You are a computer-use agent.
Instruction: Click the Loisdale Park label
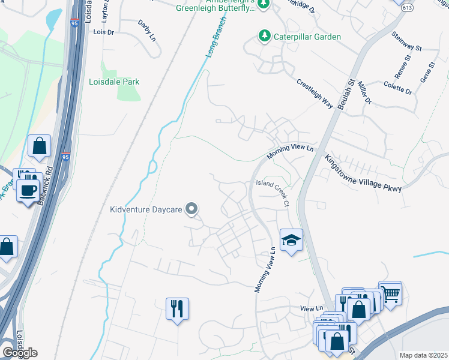point(114,82)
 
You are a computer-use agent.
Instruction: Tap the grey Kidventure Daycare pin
point(191,209)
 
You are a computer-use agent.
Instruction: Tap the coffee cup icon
point(28,190)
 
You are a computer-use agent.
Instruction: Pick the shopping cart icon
point(390,294)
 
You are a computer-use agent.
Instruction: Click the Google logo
point(20,353)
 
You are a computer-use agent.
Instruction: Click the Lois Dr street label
point(103,33)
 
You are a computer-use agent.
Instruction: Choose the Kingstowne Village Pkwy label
point(363,174)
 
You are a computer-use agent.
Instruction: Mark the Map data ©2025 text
point(423,355)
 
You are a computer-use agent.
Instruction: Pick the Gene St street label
point(427,75)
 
